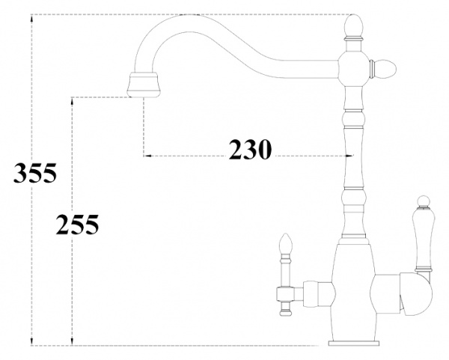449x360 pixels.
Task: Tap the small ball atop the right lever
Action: coord(421,201)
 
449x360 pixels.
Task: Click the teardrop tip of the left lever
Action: coord(284,243)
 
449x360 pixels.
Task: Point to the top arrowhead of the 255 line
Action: coord(71,99)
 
